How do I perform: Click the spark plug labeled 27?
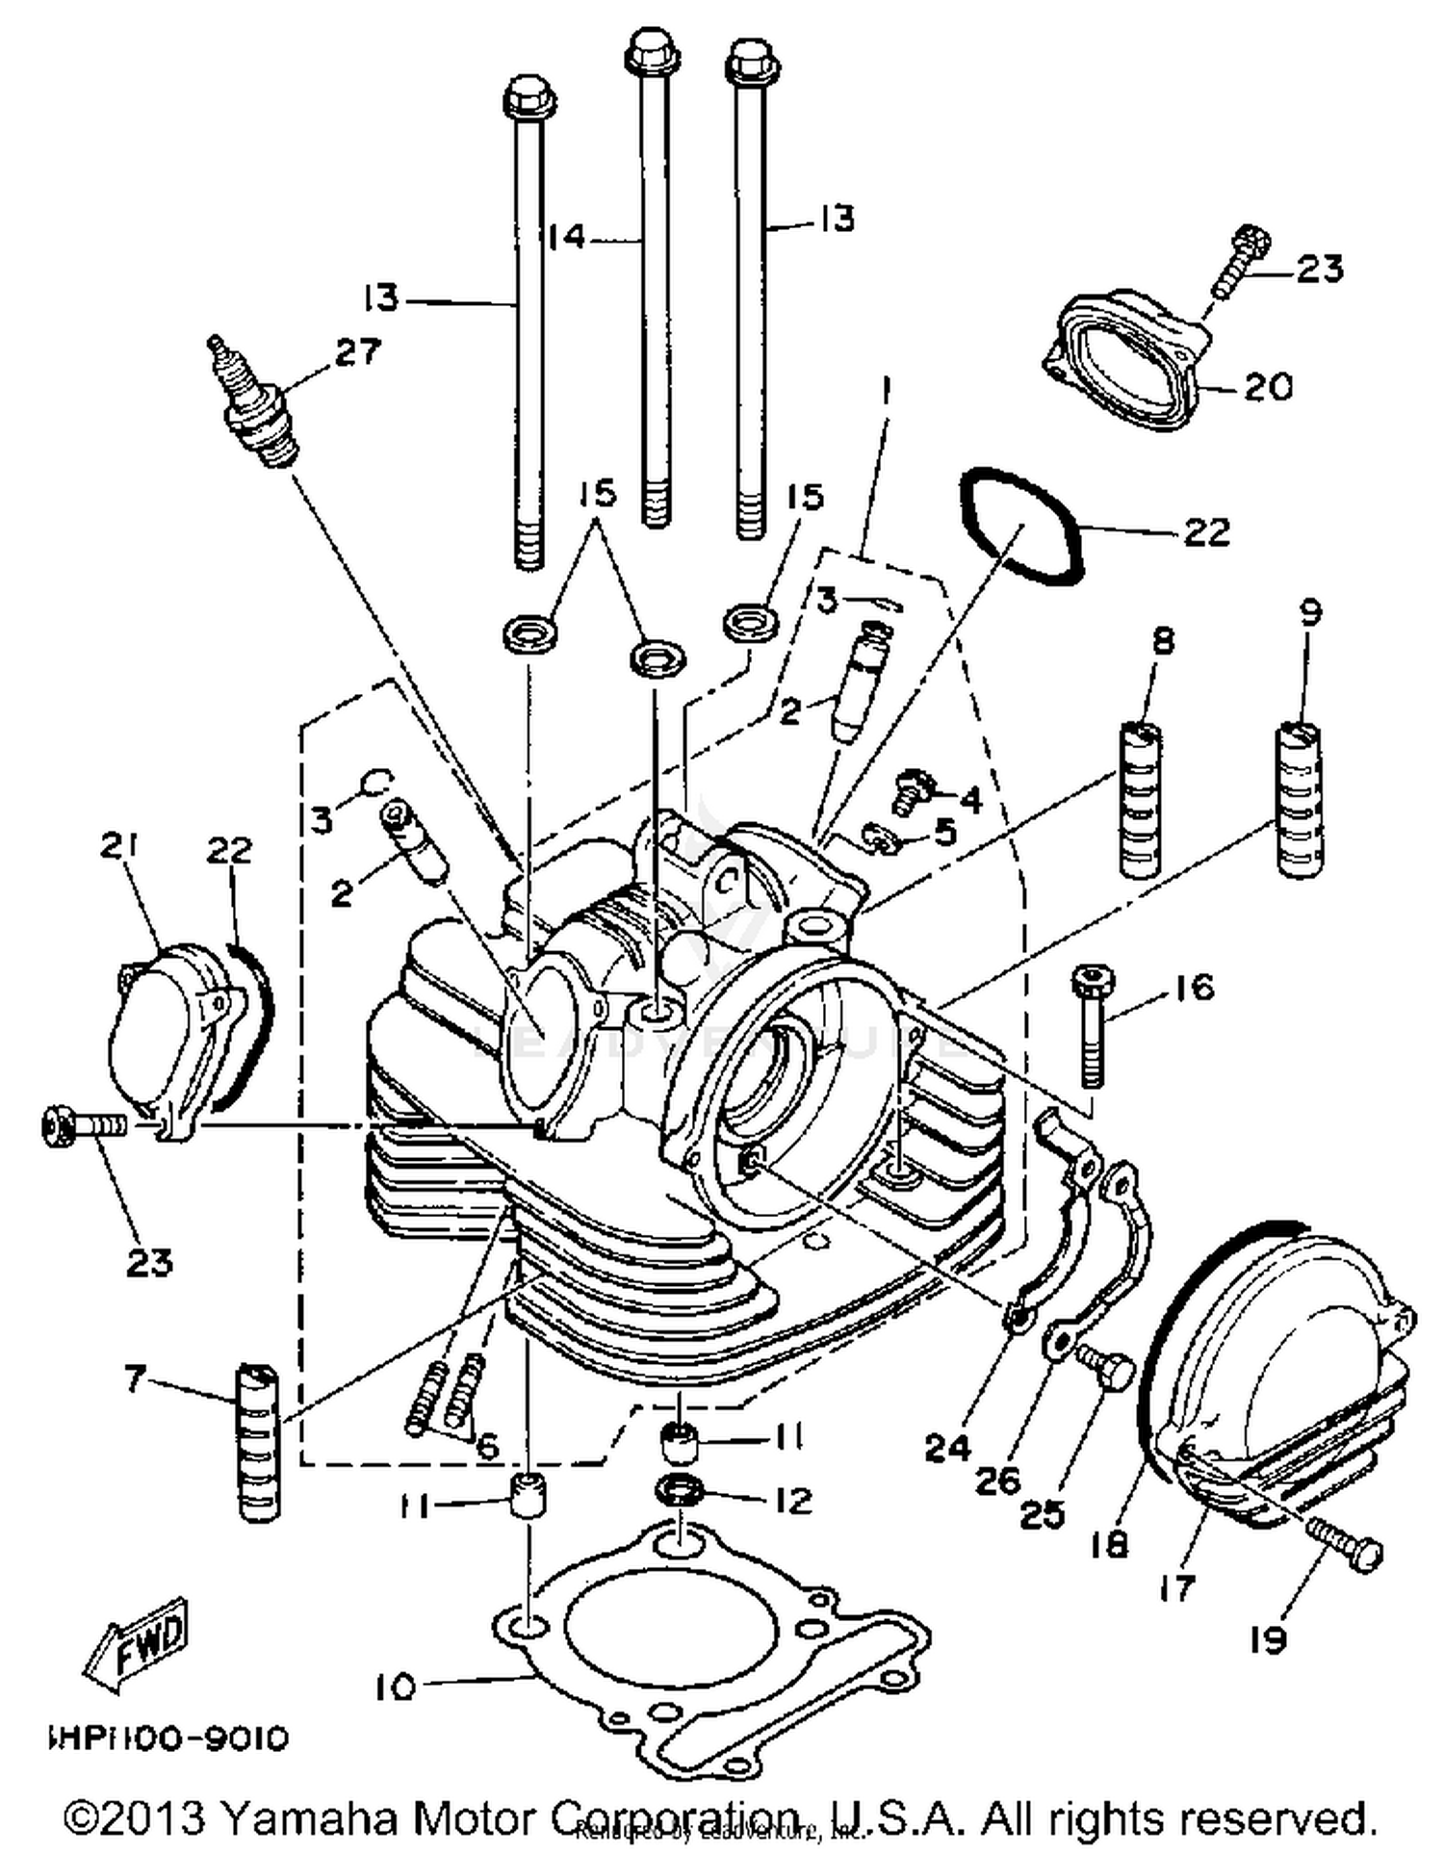(x=252, y=404)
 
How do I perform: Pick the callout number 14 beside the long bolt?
(x=567, y=236)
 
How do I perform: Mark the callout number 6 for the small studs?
(x=487, y=1447)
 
